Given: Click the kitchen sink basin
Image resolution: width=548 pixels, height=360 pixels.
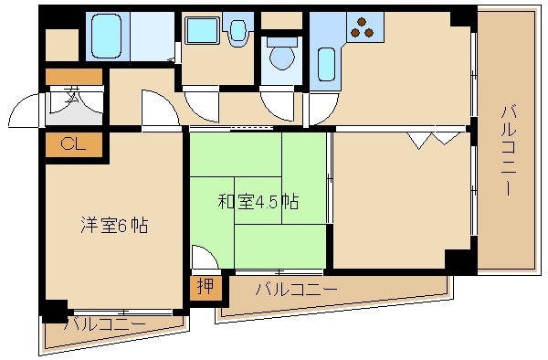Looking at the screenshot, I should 326,64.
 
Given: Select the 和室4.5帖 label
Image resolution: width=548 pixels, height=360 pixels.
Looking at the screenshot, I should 258,201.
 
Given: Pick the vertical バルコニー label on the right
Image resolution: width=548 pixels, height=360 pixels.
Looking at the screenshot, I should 506,151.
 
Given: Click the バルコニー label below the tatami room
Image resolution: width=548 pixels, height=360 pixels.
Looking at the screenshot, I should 296,290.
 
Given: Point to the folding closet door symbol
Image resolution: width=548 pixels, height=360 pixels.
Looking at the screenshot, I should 435,138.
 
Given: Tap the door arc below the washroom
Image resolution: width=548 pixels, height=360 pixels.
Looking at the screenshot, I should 200,101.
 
